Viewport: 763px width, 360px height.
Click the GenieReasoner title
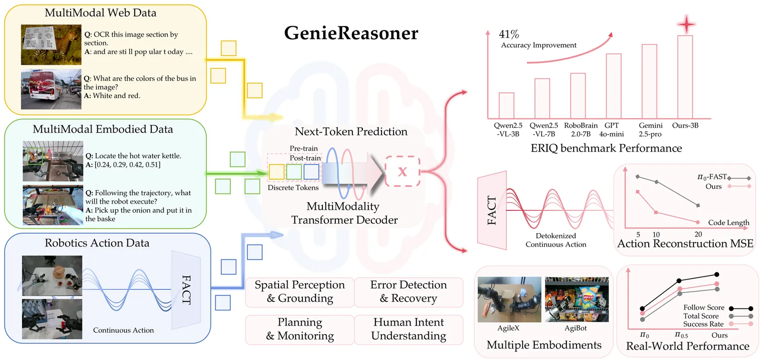tap(351, 33)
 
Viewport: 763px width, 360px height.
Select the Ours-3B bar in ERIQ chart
tap(685, 77)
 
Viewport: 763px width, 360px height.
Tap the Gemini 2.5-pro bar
tap(649, 82)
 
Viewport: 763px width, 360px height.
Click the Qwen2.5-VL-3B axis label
tap(508, 130)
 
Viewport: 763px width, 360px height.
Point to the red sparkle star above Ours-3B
tap(686, 24)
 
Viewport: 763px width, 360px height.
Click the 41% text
tap(509, 34)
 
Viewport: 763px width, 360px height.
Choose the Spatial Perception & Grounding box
tap(300, 292)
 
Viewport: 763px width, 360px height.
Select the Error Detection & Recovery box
tap(409, 292)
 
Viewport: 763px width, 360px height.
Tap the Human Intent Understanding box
tap(409, 329)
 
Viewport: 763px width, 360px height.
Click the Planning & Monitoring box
tap(300, 329)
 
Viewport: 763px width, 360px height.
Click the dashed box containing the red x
tap(402, 171)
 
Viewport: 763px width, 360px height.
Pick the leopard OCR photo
tap(51, 45)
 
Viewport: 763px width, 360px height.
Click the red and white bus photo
tap(51, 89)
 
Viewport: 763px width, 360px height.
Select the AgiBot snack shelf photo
tap(577, 299)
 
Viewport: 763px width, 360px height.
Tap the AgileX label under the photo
tap(508, 328)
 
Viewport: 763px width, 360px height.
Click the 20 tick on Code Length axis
tap(698, 234)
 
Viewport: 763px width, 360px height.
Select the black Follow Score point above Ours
tap(717, 274)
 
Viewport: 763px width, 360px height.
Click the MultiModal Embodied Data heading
tap(103, 129)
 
